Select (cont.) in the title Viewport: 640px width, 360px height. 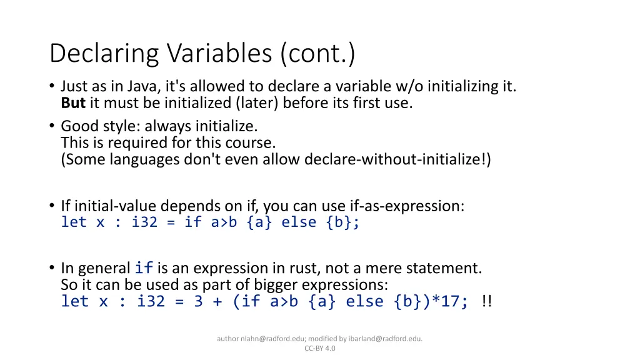tap(318, 54)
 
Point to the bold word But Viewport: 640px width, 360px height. tap(73, 103)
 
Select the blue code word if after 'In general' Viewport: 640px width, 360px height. tap(144, 269)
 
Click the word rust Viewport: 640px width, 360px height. tap(304, 269)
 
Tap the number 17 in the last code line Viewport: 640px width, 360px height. tap(452, 301)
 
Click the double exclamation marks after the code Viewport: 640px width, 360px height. tap(487, 301)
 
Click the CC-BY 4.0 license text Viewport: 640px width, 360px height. tap(319, 348)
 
